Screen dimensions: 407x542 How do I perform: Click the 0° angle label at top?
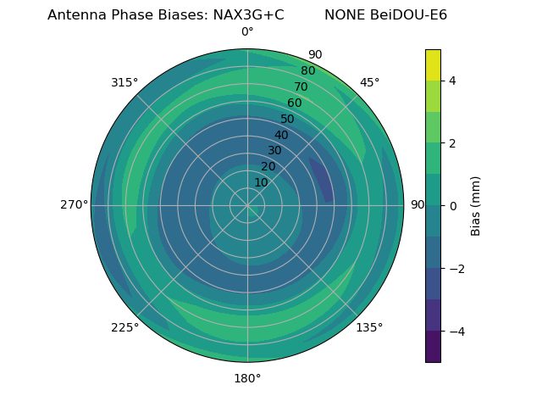[x=247, y=32]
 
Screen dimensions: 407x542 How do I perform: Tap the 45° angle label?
[x=369, y=82]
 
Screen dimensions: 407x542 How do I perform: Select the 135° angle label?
[x=369, y=327]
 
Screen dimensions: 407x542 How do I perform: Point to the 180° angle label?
[x=247, y=378]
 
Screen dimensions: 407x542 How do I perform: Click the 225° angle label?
[x=124, y=327]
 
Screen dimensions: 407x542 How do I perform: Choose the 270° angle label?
[x=74, y=204]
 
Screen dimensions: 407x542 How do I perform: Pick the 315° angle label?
[x=124, y=82]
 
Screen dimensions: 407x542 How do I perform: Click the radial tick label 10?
[x=261, y=182]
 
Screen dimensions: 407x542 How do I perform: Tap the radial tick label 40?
[x=281, y=135]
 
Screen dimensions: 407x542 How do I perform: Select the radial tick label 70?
[x=301, y=86]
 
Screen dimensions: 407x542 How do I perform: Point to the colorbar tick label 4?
[x=452, y=81]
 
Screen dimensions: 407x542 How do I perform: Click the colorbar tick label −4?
[x=456, y=331]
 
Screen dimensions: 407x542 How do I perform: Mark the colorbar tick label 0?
[x=452, y=205]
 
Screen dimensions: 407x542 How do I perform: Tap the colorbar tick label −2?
[x=456, y=268]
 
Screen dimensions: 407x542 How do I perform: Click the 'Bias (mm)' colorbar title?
[x=476, y=205]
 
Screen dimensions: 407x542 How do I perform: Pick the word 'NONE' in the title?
[x=343, y=15]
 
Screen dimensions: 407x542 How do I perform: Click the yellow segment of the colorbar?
[x=433, y=64]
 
